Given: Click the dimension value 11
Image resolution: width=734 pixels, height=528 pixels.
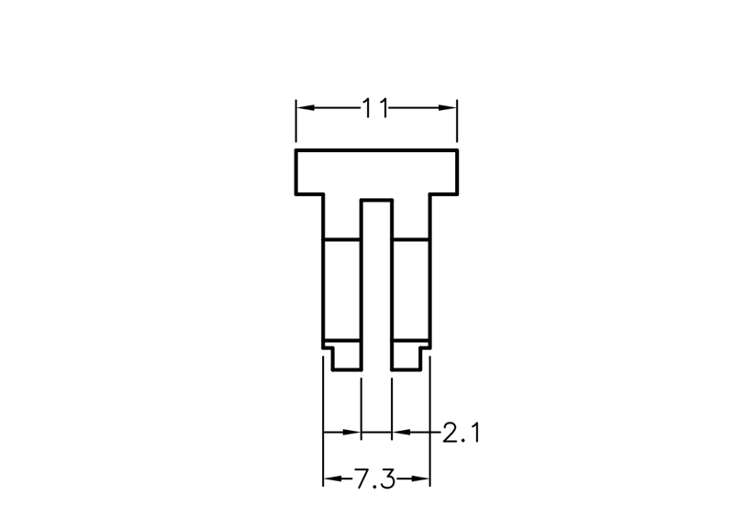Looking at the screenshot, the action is pos(375,108).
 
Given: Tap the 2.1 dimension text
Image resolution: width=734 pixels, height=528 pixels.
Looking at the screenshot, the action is pos(462,433).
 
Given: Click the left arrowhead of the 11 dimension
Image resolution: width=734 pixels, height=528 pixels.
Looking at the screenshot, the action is pos(306,108).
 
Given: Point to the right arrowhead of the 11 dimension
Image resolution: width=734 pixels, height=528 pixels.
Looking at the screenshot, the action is pos(447,108).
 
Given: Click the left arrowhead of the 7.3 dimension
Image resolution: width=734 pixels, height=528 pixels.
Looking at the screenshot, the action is pos(332,478).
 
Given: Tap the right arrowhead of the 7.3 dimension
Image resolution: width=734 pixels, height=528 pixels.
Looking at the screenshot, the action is pos(420,478).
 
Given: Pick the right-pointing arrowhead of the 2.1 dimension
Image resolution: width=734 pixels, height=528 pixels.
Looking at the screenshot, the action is pos(352,432).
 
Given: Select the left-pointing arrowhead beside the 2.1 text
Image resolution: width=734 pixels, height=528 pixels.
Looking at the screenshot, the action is pos(401,432).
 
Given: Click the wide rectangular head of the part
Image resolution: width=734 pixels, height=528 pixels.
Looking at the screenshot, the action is pos(376,171).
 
